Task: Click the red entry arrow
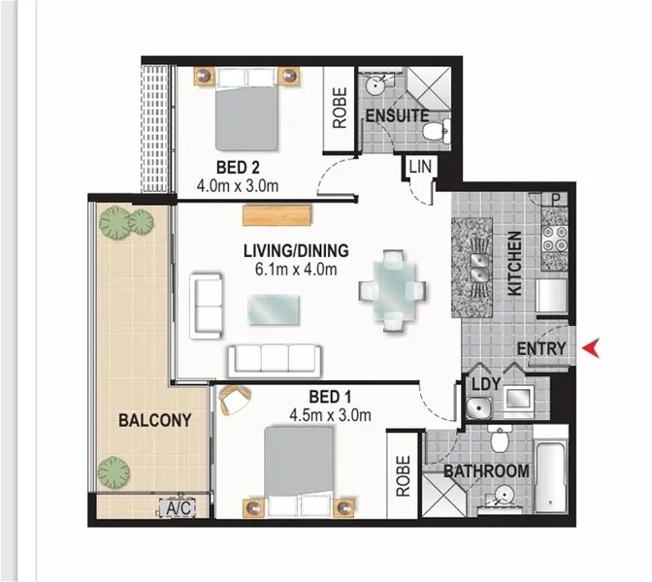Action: click(591, 348)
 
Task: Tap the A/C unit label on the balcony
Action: click(179, 508)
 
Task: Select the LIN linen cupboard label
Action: click(420, 167)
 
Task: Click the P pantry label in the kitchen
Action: click(555, 200)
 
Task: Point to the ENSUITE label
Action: click(397, 115)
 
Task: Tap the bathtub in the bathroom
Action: click(550, 475)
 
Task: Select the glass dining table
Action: click(393, 289)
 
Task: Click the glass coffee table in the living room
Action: click(274, 308)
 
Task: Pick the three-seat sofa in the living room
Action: click(275, 360)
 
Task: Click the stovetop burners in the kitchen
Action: click(554, 239)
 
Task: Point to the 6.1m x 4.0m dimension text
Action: click(296, 270)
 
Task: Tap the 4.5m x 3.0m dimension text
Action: click(330, 415)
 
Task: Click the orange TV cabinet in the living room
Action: click(277, 215)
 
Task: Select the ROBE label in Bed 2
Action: click(340, 108)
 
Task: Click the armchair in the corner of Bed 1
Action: click(234, 400)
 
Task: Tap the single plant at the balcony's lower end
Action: click(114, 472)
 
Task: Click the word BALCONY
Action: click(155, 420)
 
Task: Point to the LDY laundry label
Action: click(486, 384)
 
